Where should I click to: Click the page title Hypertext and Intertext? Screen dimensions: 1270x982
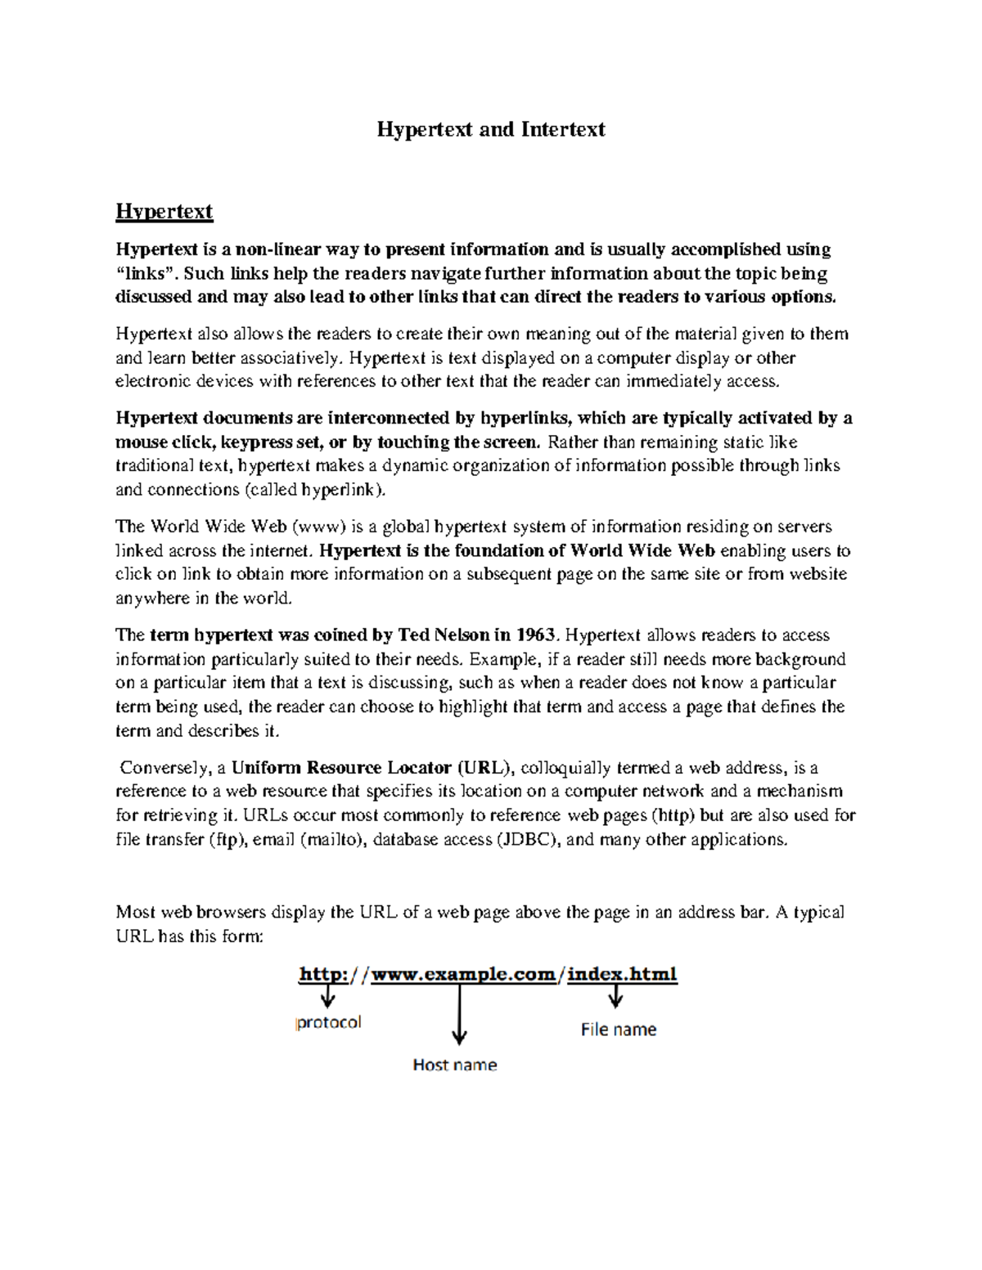(490, 129)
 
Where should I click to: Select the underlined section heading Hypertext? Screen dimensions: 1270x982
(164, 212)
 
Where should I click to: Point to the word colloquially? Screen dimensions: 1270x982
(565, 768)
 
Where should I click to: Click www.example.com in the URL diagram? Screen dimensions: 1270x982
(463, 974)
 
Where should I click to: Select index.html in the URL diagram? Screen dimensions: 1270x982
(622, 974)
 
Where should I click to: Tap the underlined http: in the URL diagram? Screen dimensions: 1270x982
(323, 974)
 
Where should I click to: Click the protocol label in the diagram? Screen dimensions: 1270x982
(328, 1022)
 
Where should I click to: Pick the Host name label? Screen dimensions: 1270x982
(454, 1065)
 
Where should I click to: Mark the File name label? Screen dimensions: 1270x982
(619, 1030)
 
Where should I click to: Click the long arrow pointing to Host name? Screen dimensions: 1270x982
(460, 1014)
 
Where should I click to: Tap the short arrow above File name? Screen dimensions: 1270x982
(615, 996)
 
